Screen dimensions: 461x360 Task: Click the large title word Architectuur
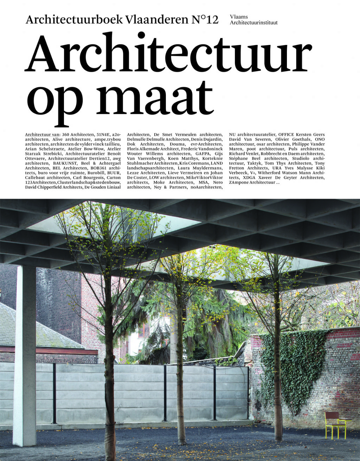[x=168, y=53]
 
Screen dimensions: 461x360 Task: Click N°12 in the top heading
[x=205, y=20]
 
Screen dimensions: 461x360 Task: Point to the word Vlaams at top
[x=239, y=17]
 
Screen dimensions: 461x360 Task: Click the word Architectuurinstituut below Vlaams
[x=253, y=23]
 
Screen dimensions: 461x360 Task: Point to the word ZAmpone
[x=239, y=183]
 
